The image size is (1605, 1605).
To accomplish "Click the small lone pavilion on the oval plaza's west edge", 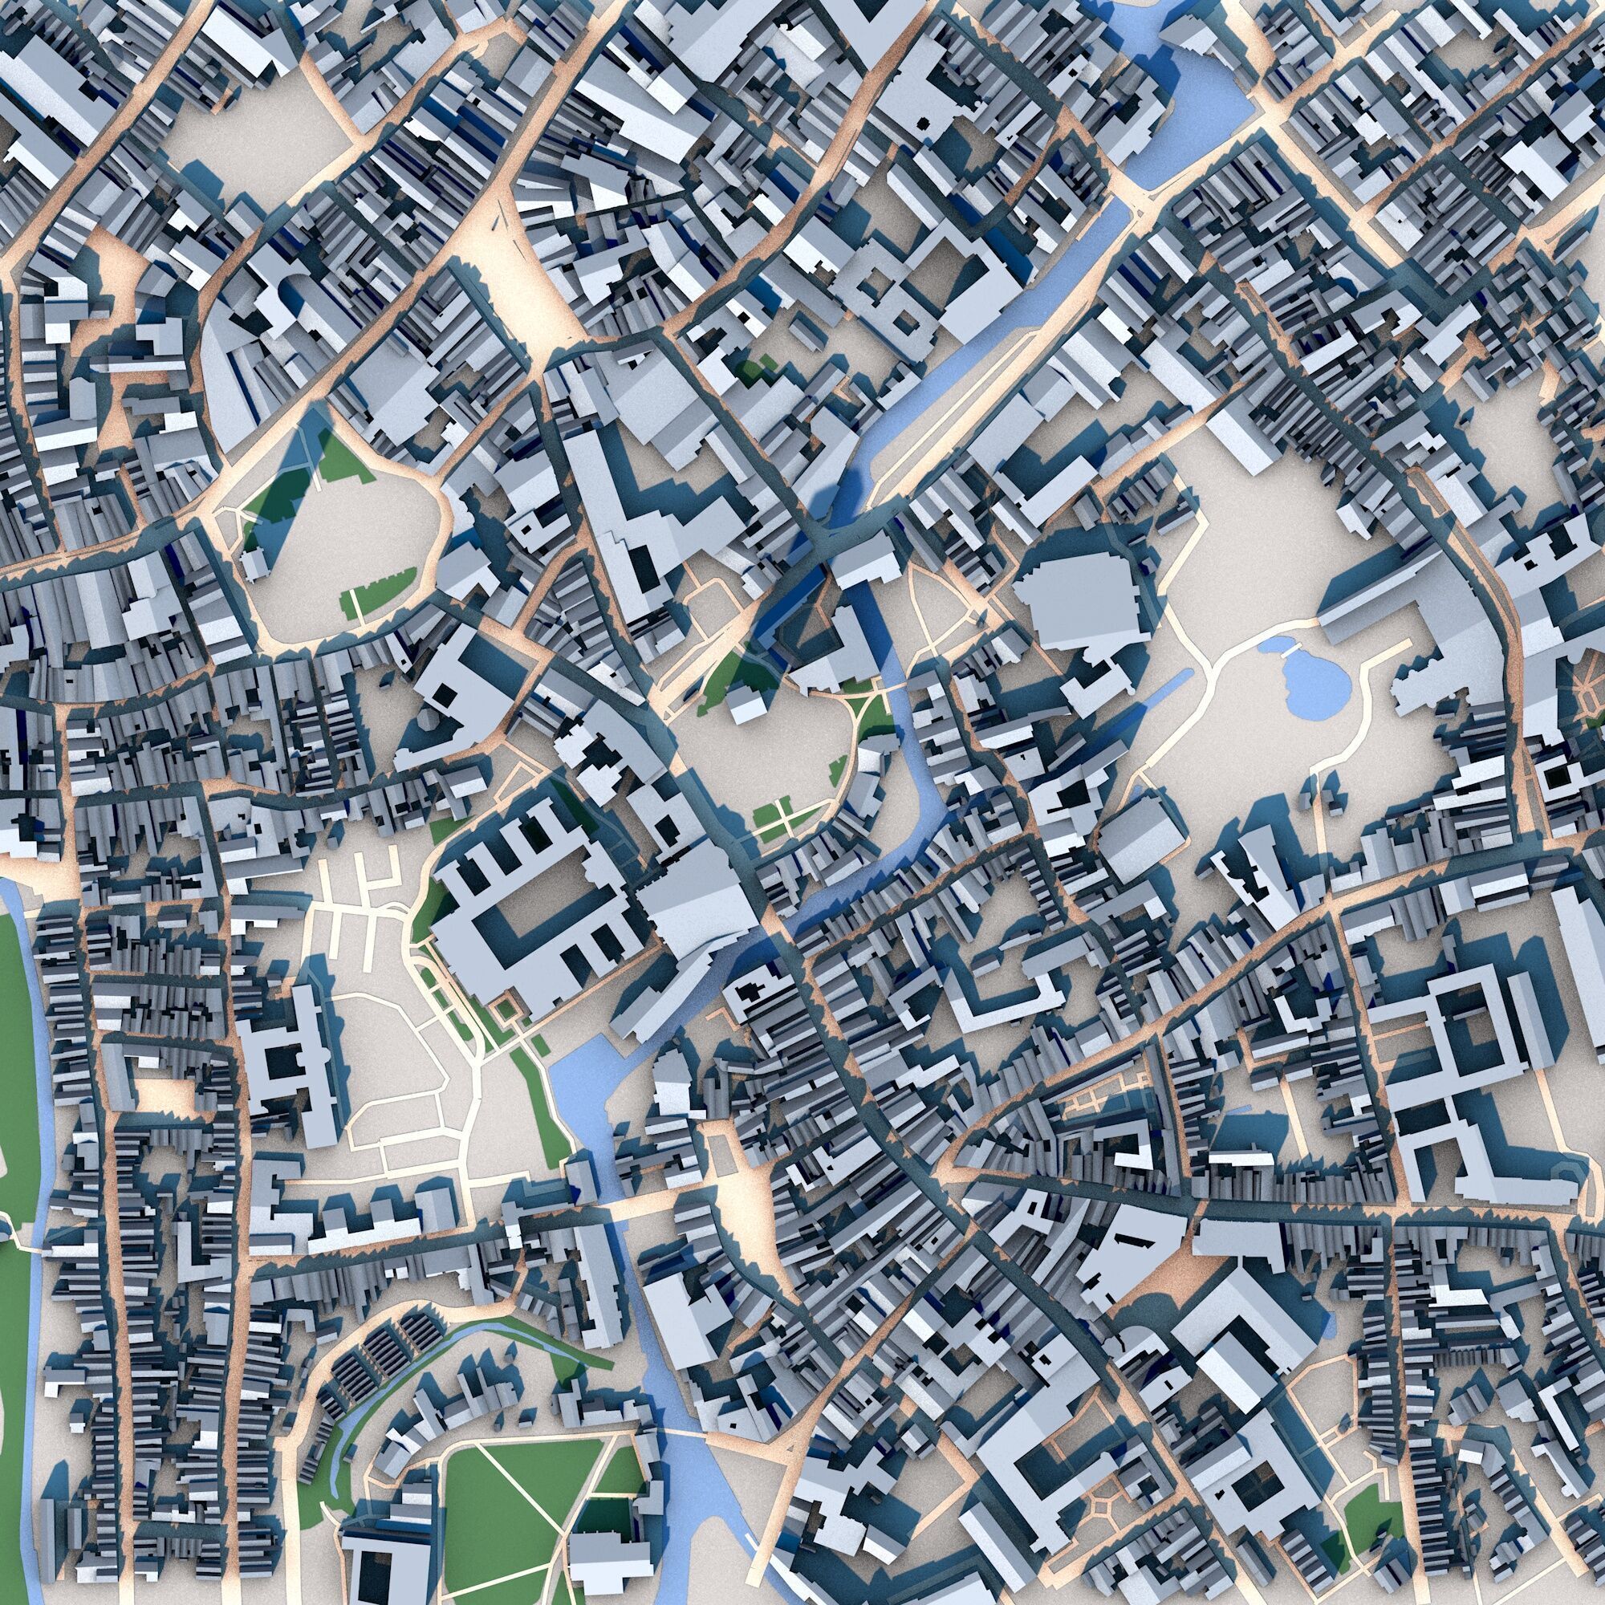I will [254, 565].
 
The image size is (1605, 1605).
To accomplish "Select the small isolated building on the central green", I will [747, 706].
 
